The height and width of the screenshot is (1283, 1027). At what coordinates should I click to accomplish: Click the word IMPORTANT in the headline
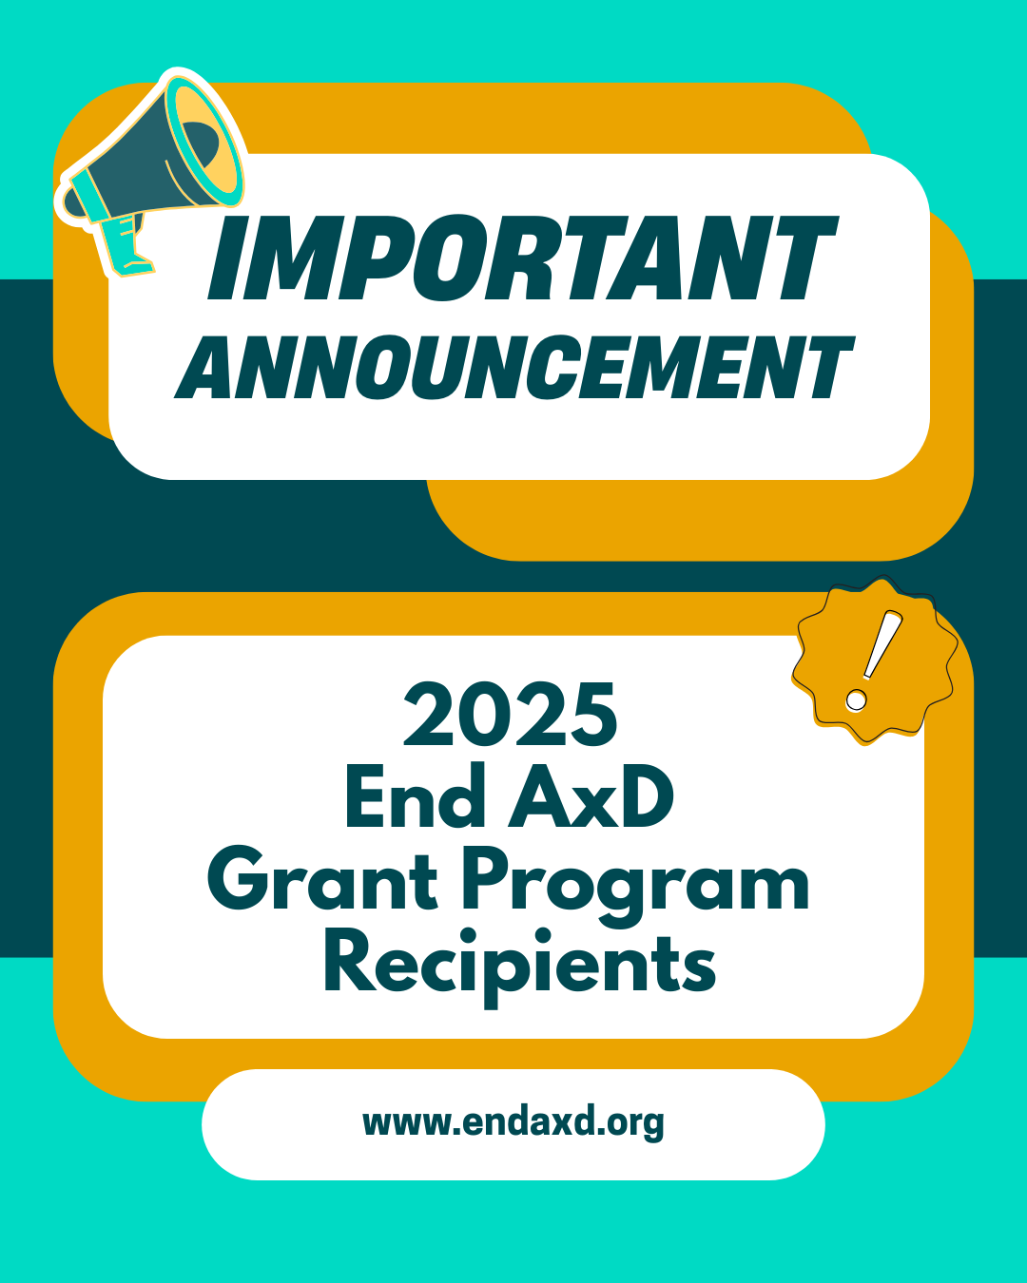click(x=521, y=259)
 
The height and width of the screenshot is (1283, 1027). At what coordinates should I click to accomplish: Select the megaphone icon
click(x=152, y=171)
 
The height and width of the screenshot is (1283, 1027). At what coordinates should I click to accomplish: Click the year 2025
click(x=511, y=715)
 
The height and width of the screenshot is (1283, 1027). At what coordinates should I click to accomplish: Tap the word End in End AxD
click(x=416, y=797)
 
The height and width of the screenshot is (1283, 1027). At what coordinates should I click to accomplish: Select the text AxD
click(x=591, y=797)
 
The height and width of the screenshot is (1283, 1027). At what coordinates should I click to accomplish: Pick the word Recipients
click(x=519, y=964)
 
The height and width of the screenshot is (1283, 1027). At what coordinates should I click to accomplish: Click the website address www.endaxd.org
click(x=513, y=1122)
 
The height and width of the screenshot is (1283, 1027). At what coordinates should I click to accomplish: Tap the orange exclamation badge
click(x=873, y=661)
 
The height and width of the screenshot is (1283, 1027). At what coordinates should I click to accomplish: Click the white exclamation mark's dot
click(x=856, y=701)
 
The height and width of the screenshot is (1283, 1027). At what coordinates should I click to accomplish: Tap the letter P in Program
click(x=488, y=878)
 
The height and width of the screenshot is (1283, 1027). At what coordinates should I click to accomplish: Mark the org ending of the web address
click(x=635, y=1124)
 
